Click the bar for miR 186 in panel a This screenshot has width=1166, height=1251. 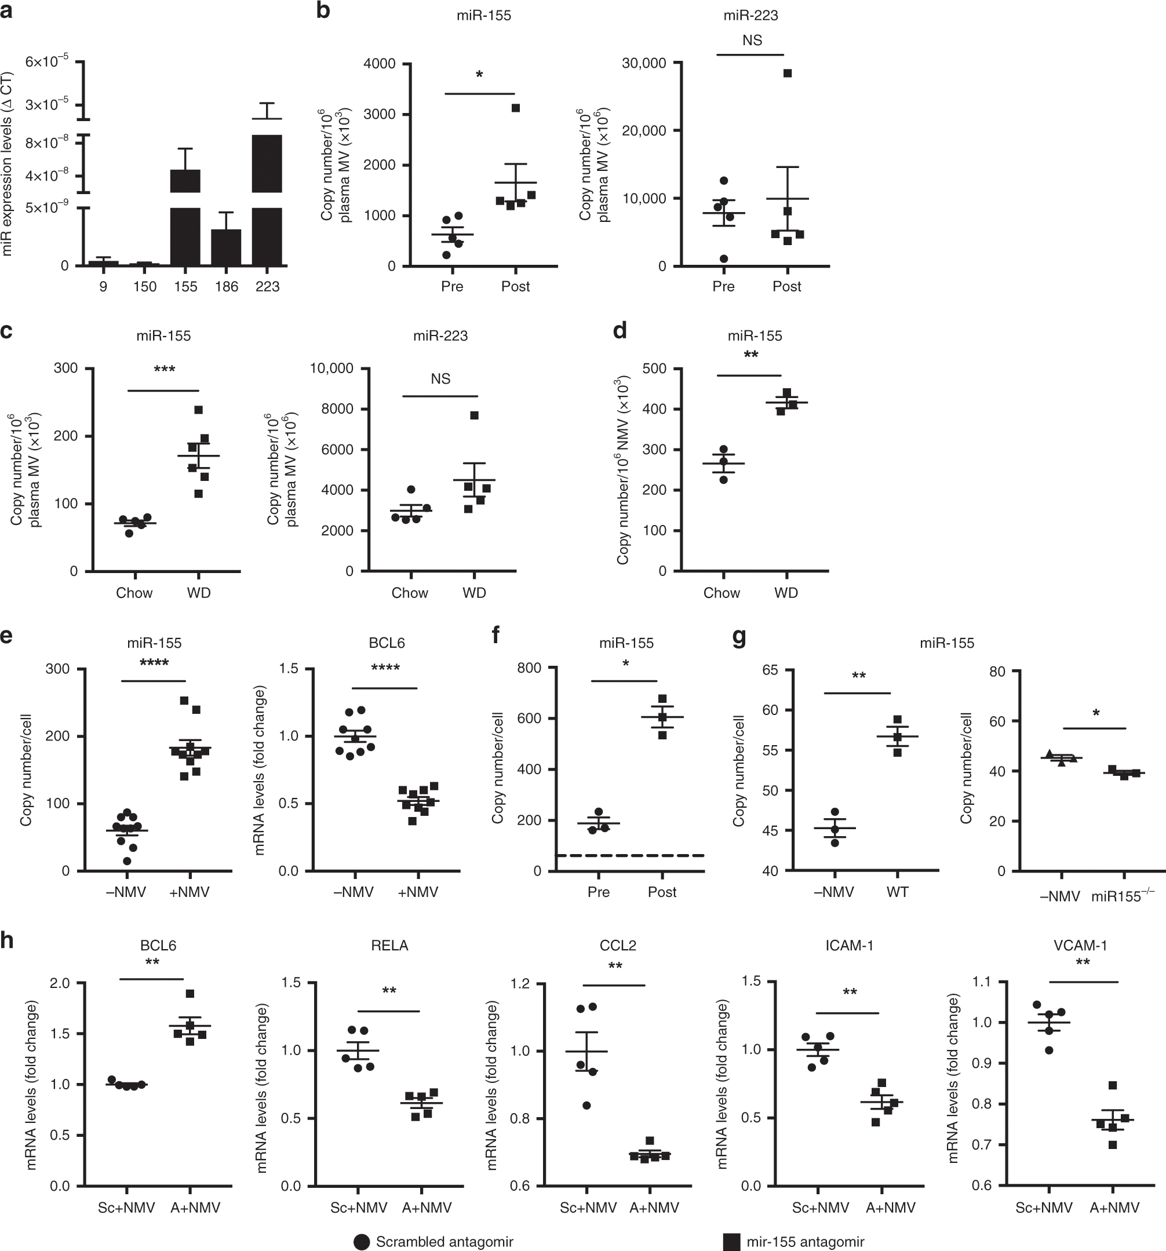coord(226,247)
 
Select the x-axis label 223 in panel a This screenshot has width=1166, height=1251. coord(267,287)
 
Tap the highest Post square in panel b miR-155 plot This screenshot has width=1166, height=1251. coord(515,108)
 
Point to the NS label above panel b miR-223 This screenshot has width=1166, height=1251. coord(752,41)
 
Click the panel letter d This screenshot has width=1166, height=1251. coord(620,330)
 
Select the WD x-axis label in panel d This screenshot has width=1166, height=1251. coord(786,593)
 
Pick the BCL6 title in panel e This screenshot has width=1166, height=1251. coord(387,643)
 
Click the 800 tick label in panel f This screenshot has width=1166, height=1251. coord(529,668)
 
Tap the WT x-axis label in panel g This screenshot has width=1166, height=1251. coord(897,892)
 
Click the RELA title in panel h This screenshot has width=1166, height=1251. coord(389,945)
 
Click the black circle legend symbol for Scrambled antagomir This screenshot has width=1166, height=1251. coord(362,1242)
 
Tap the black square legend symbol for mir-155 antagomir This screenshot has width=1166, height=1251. coord(731,1242)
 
